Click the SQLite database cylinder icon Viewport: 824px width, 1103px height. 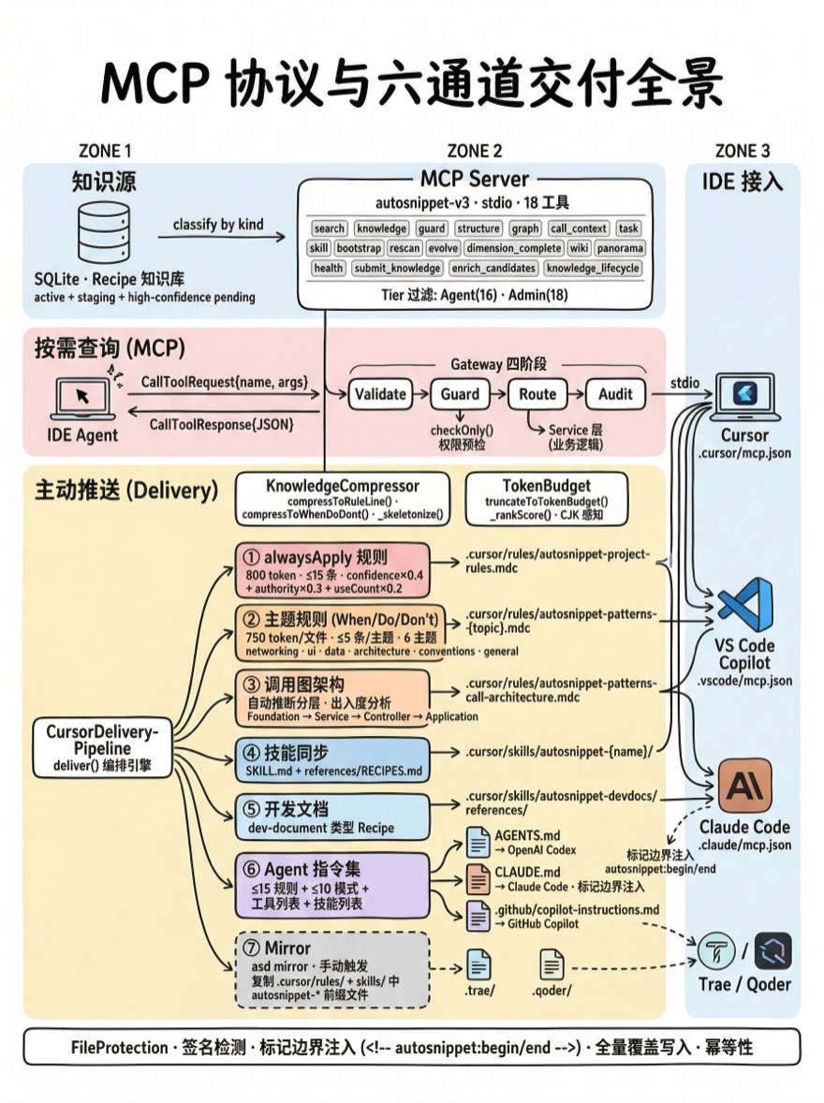point(104,233)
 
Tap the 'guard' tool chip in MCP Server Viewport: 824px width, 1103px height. point(432,228)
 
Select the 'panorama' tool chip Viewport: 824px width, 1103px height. point(620,248)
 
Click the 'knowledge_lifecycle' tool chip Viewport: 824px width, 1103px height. point(594,269)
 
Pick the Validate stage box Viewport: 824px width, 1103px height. point(380,394)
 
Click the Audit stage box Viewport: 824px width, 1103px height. point(615,394)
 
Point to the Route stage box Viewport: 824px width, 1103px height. point(537,394)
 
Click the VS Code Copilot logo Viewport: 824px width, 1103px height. point(745,604)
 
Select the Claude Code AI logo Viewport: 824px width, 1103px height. point(744,786)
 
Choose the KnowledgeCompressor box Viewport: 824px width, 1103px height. point(343,498)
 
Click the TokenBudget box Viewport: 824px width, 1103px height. point(534,498)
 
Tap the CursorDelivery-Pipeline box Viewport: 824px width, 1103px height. point(103,747)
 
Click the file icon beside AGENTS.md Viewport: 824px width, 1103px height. point(478,844)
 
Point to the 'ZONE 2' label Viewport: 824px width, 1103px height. point(475,151)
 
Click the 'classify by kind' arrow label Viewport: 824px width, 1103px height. point(218,225)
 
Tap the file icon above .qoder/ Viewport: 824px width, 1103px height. point(552,964)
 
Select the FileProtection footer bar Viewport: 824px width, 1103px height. point(411,1047)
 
